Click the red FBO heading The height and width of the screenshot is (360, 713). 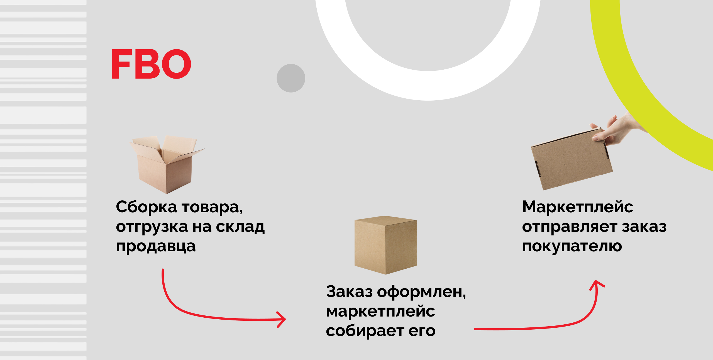pyautogui.click(x=151, y=64)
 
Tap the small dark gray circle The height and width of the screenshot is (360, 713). pyautogui.click(x=291, y=78)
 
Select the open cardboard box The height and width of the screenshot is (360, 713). pyautogui.click(x=167, y=164)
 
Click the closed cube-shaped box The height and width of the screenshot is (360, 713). pyautogui.click(x=386, y=245)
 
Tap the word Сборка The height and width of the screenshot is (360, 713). pyautogui.click(x=146, y=208)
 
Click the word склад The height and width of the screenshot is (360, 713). pyautogui.click(x=240, y=227)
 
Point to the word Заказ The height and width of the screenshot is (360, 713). pyautogui.click(x=349, y=292)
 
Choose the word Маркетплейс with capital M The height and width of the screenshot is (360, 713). pyautogui.click(x=578, y=207)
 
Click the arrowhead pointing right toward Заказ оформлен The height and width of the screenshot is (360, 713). pyautogui.click(x=281, y=319)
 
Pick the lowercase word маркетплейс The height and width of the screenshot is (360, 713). pyautogui.click(x=380, y=312)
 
